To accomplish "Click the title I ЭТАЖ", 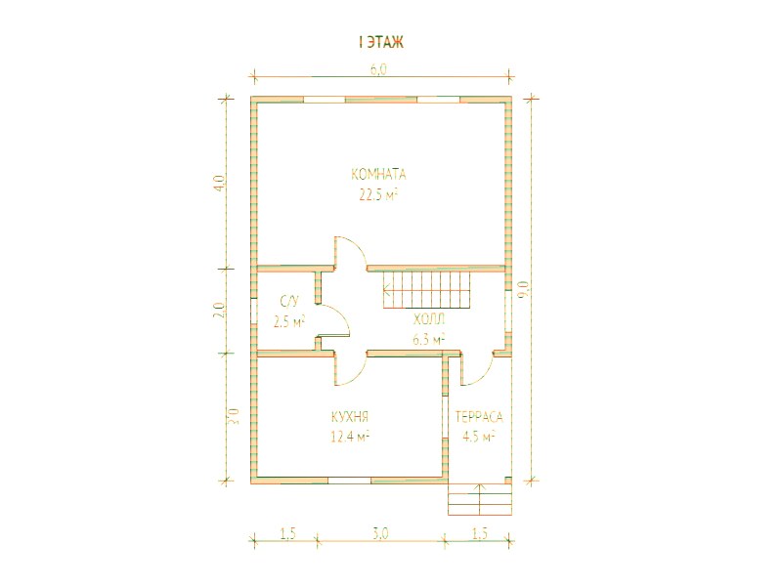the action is pos(380,42).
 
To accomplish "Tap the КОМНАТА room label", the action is pos(378,175).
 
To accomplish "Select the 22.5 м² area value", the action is pos(378,194).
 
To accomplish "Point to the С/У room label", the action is pos(289,301).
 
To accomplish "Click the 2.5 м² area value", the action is pos(289,321).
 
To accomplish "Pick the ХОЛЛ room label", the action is pos(429,319).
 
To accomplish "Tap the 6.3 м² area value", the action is pos(429,340).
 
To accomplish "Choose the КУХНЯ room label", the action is pos(350,416).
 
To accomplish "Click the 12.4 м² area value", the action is pos(350,437).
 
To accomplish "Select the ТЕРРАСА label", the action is pos(479,417).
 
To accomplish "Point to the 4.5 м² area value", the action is pos(479,437).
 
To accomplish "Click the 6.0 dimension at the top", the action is pos(378,69).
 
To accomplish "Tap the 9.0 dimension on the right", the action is pos(523,289).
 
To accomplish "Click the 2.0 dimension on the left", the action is pos(221,311).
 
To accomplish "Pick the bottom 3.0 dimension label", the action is pos(380,533).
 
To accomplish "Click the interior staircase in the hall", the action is pos(427,289).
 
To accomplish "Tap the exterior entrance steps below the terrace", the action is pos(480,499).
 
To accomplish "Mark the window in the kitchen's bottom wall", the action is pos(349,481).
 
